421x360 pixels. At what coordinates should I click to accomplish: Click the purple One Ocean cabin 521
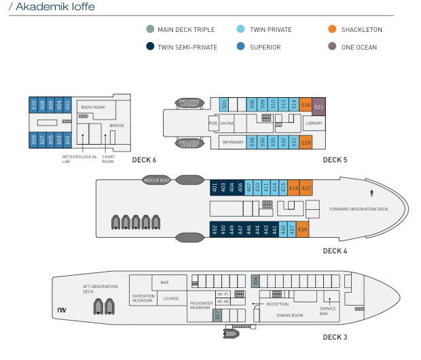(x=318, y=107)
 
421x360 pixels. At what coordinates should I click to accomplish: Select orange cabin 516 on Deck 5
(x=306, y=105)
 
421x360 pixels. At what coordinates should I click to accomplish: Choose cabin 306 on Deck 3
(x=255, y=281)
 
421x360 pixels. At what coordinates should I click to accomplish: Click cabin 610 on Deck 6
(x=34, y=105)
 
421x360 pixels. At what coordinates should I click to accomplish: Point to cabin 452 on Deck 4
(x=215, y=230)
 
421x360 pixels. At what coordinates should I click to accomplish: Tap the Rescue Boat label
(x=157, y=180)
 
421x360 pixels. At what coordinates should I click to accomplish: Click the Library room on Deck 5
(x=314, y=123)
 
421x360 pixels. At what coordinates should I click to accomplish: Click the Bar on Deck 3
(x=164, y=282)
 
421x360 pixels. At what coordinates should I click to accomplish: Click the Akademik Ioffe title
(x=51, y=7)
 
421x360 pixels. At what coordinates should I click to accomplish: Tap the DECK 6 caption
(x=144, y=160)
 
